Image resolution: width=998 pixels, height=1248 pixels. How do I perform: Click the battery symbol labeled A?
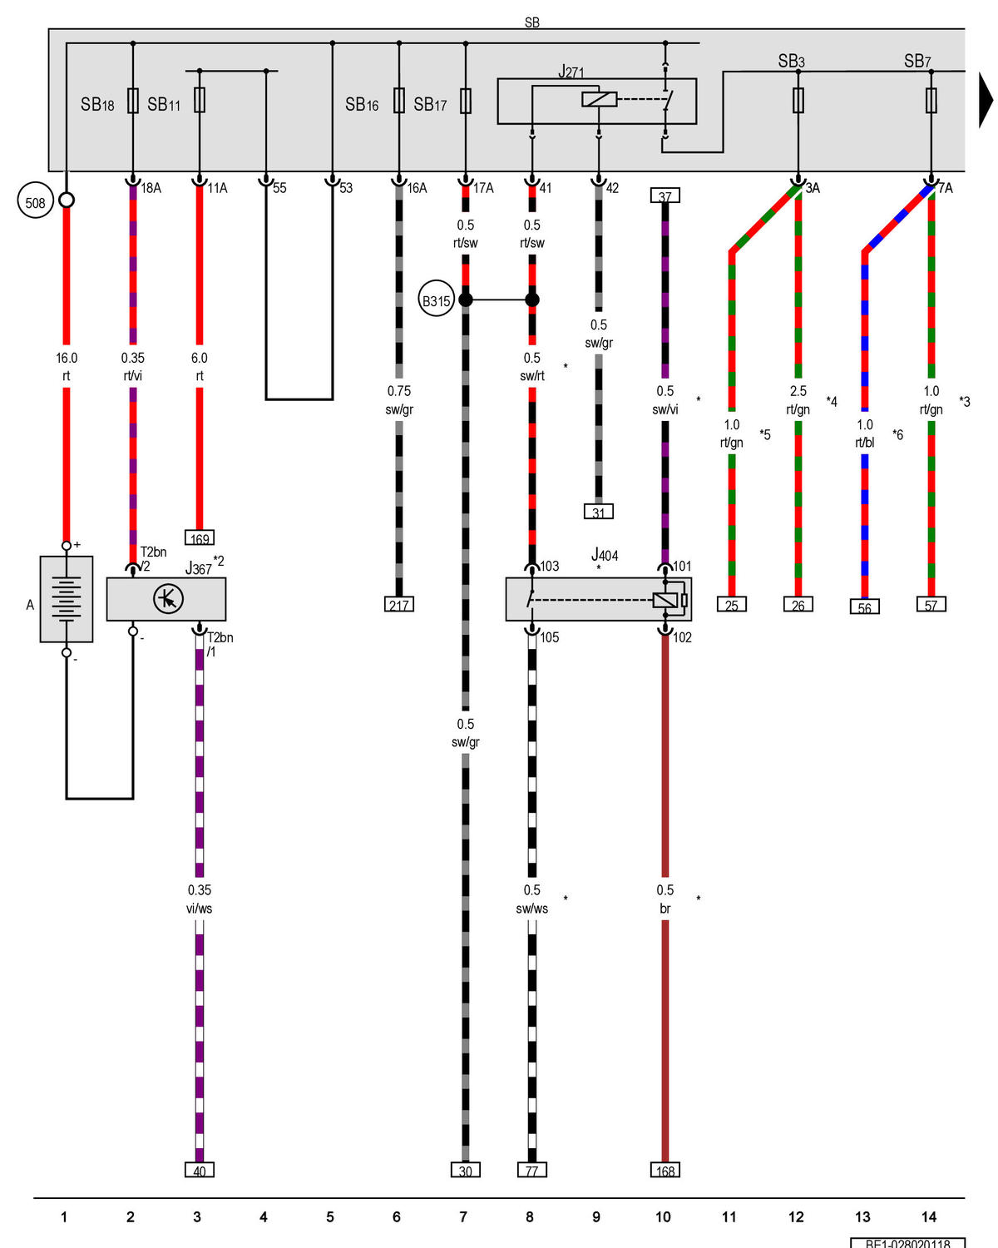[x=67, y=599]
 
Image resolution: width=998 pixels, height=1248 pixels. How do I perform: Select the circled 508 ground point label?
[x=35, y=202]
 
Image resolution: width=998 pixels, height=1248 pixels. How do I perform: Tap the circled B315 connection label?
[x=436, y=300]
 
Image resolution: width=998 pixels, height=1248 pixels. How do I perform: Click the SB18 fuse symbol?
[x=133, y=101]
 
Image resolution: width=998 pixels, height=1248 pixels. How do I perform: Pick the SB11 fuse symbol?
[x=200, y=101]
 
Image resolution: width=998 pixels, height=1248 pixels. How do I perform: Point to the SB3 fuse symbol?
[x=798, y=101]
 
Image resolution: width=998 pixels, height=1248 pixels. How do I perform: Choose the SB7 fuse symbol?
[x=931, y=101]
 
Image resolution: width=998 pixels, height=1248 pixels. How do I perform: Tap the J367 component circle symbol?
[x=168, y=599]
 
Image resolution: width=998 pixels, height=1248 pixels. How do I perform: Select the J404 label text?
[x=605, y=555]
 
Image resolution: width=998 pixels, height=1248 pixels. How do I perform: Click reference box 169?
[x=200, y=538]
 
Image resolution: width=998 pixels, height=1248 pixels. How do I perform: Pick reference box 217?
[x=399, y=605]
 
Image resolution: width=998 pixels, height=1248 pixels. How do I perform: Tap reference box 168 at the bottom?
[x=665, y=1171]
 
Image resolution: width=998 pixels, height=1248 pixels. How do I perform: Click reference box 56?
[x=865, y=607]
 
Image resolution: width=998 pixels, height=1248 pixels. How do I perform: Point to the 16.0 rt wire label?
[x=67, y=367]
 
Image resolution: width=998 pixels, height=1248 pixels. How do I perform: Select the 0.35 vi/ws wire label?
[x=200, y=899]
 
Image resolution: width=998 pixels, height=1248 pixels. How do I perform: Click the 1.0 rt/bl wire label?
[x=865, y=433]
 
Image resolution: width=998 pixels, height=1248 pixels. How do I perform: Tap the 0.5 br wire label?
[x=665, y=899]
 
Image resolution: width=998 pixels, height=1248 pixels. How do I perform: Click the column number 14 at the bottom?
[x=929, y=1217]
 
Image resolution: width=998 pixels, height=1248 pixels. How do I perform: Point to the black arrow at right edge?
[x=986, y=100]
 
